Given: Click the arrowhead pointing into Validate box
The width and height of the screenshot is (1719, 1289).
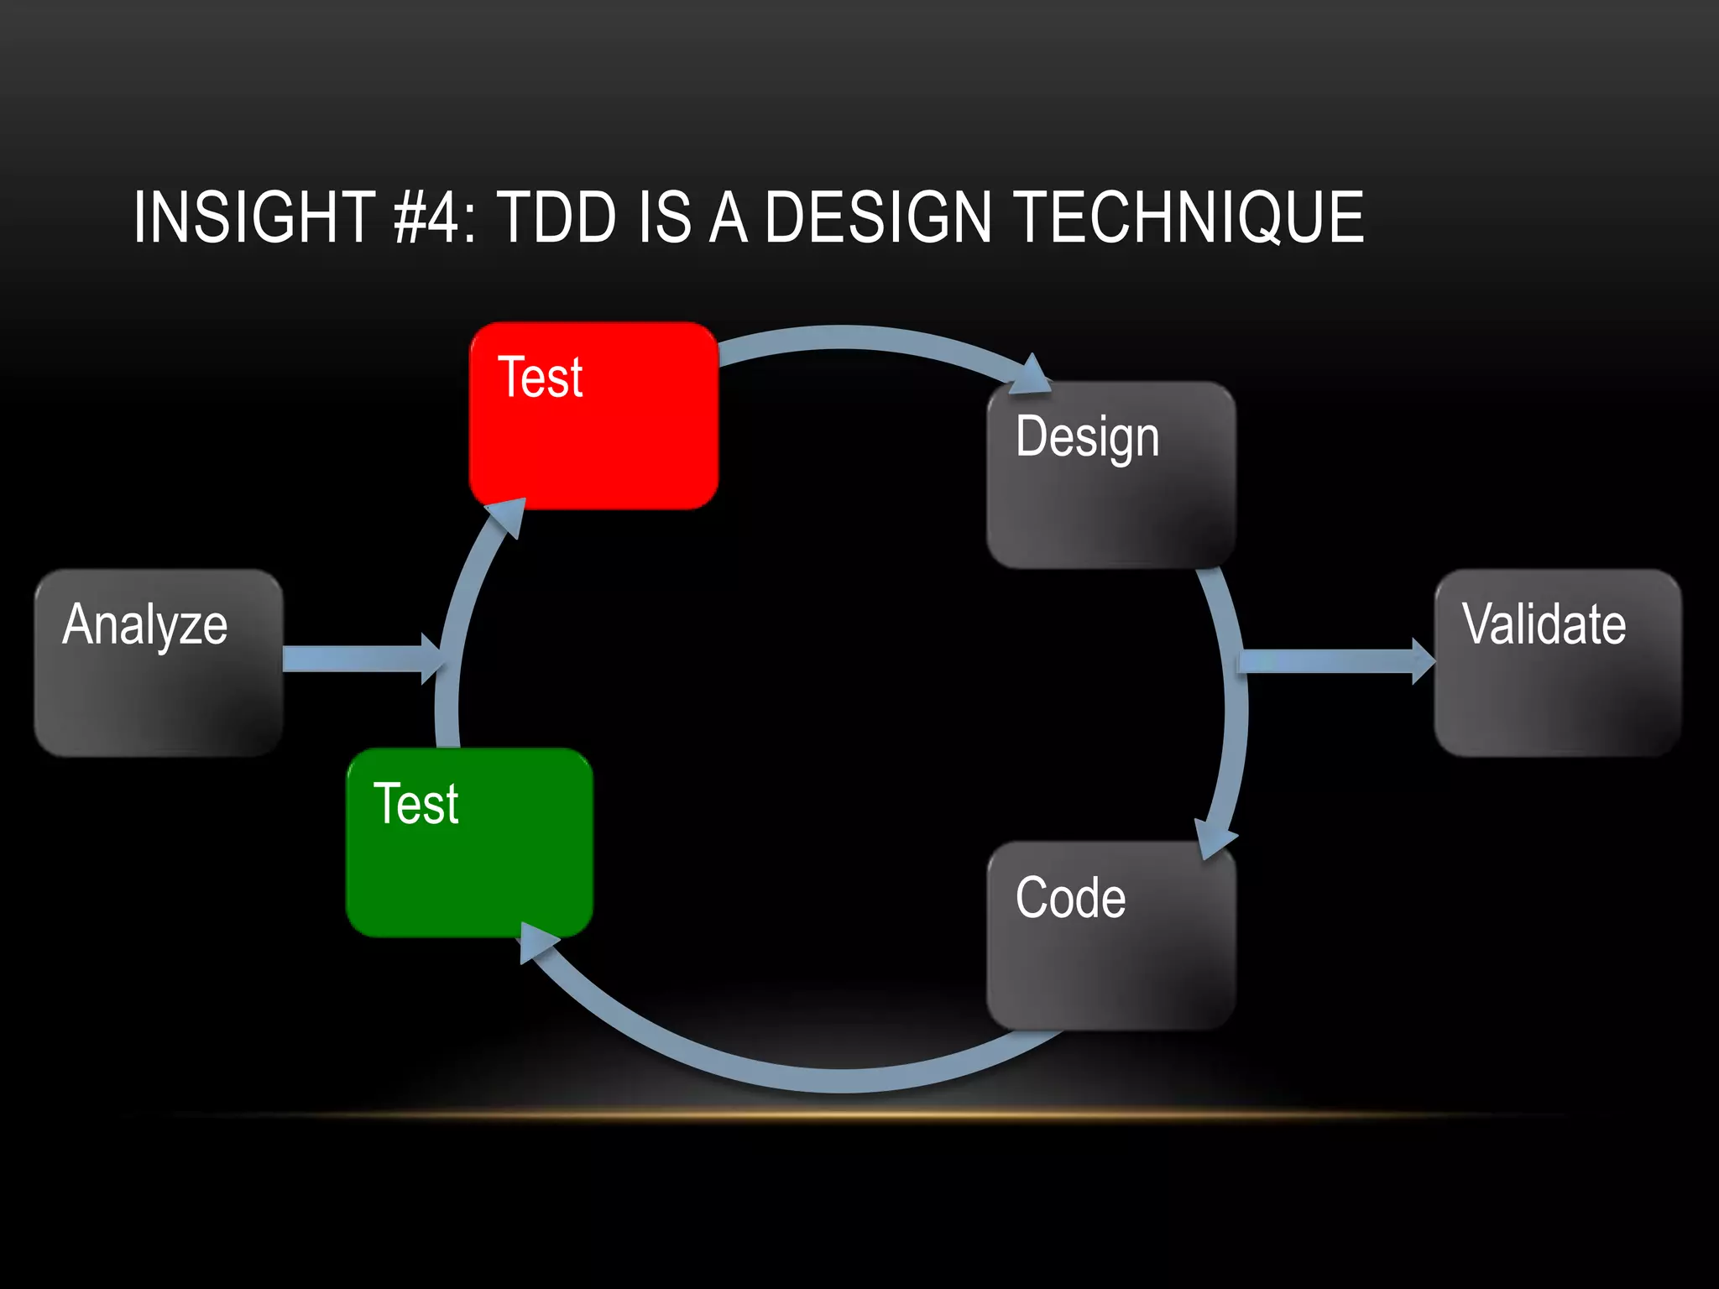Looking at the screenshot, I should pyautogui.click(x=1423, y=661).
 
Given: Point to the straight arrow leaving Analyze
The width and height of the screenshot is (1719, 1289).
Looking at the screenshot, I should pyautogui.click(x=353, y=659).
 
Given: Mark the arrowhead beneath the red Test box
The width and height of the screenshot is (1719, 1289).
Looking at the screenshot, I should pyautogui.click(x=509, y=516).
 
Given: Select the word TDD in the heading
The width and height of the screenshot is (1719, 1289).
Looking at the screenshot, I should pyautogui.click(x=557, y=217).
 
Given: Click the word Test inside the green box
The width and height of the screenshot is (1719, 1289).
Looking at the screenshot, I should pyautogui.click(x=416, y=804).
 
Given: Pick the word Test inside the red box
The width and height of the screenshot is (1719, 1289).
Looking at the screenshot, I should pyautogui.click(x=541, y=377).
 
